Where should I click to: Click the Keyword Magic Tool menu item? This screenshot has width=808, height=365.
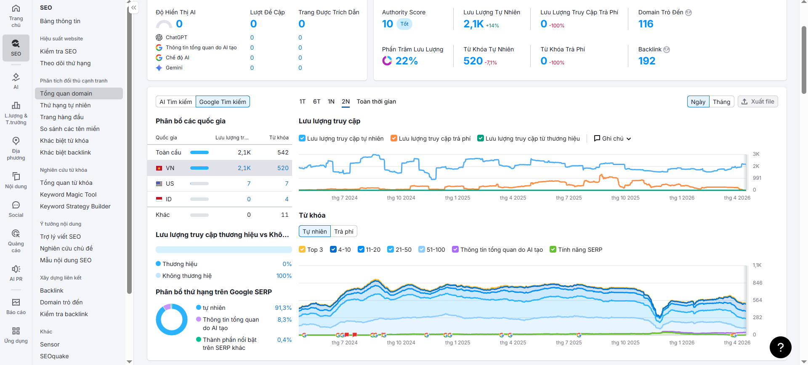point(68,194)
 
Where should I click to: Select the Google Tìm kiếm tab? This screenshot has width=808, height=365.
point(223,102)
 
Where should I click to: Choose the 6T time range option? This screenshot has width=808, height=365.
point(317,101)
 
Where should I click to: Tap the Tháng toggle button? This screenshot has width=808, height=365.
point(721,102)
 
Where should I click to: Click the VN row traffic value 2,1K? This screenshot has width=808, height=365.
point(244,168)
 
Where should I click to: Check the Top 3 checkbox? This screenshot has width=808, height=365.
point(302,250)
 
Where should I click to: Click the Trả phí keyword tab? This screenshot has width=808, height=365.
point(344,232)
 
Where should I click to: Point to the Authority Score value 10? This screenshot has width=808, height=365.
point(388,24)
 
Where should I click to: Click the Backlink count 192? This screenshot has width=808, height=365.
point(647,61)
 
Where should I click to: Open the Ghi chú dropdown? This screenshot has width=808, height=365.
point(612,139)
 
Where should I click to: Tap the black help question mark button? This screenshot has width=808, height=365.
point(781,347)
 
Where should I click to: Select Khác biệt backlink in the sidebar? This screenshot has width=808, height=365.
point(65,152)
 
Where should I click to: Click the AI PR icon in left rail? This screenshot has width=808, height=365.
point(16,269)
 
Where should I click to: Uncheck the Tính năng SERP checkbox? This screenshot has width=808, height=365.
point(553,250)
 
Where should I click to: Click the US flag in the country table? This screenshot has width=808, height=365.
point(159,184)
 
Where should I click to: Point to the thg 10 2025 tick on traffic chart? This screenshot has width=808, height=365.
point(625,198)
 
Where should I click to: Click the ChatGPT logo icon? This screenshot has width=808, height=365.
point(159,37)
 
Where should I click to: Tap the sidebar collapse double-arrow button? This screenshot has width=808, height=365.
point(134,8)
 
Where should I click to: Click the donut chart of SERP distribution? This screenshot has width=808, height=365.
point(172,320)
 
